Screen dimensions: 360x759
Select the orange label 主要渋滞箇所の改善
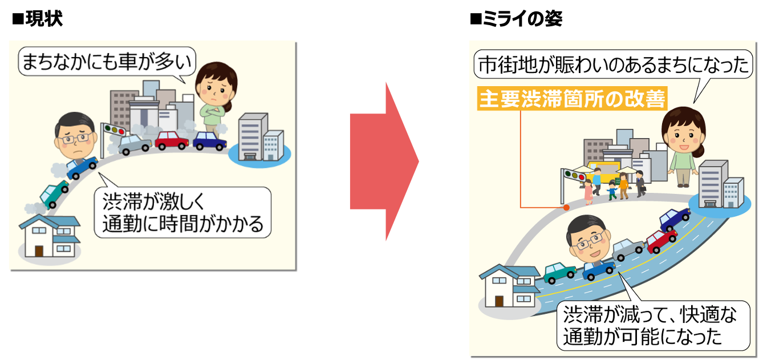(x=572, y=99)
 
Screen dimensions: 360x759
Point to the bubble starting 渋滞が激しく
(x=182, y=212)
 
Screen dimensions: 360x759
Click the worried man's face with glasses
(x=75, y=137)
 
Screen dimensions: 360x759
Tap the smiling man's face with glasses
(x=589, y=239)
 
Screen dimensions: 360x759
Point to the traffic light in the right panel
(x=574, y=175)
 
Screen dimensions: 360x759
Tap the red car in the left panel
(x=172, y=140)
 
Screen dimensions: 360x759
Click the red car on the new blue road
(x=661, y=240)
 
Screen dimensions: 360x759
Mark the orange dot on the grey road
(x=566, y=208)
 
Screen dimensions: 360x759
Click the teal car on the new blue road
(x=559, y=272)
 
